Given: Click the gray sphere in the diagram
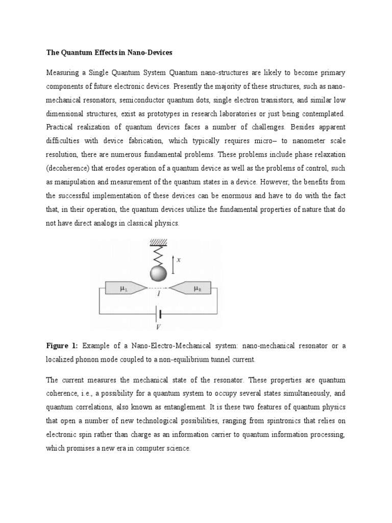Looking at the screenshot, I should (158, 274).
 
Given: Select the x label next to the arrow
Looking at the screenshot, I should (178, 259).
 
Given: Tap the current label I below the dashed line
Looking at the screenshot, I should (159, 295).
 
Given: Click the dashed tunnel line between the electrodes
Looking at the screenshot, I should (159, 289).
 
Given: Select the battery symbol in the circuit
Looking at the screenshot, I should (159, 314).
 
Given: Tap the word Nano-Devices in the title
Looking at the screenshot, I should (152, 53).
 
